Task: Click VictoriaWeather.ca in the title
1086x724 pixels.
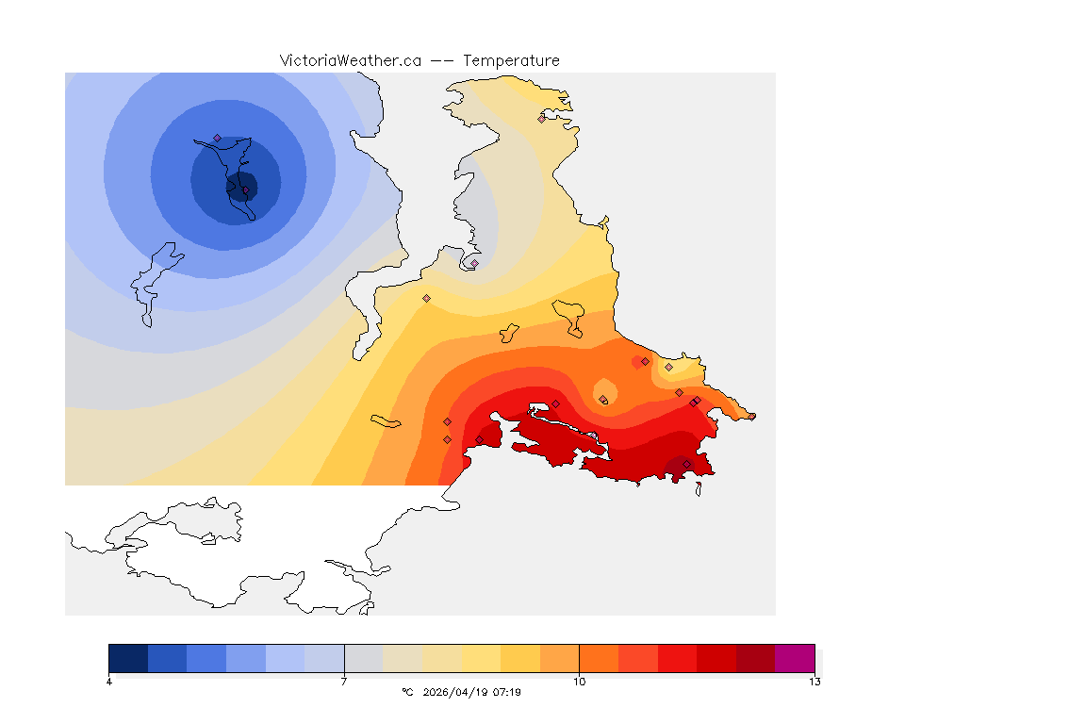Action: coord(350,60)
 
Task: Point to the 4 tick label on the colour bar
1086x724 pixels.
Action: coord(109,682)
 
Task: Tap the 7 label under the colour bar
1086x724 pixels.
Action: coord(344,682)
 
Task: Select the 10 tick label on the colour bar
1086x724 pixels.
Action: coord(579,682)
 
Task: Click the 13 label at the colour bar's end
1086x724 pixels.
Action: coord(814,682)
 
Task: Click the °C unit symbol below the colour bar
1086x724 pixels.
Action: coord(407,692)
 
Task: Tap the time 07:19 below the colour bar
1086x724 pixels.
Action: coord(506,692)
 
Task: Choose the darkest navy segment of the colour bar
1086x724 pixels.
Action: coord(128,658)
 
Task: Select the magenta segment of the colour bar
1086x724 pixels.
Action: coord(794,658)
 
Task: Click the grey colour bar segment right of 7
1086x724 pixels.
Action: coord(363,658)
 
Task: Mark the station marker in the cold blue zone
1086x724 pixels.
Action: coord(217,138)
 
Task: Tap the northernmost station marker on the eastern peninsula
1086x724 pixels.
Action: coord(541,119)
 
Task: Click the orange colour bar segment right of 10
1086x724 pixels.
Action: coord(599,658)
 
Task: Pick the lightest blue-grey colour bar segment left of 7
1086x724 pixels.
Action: coord(324,658)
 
